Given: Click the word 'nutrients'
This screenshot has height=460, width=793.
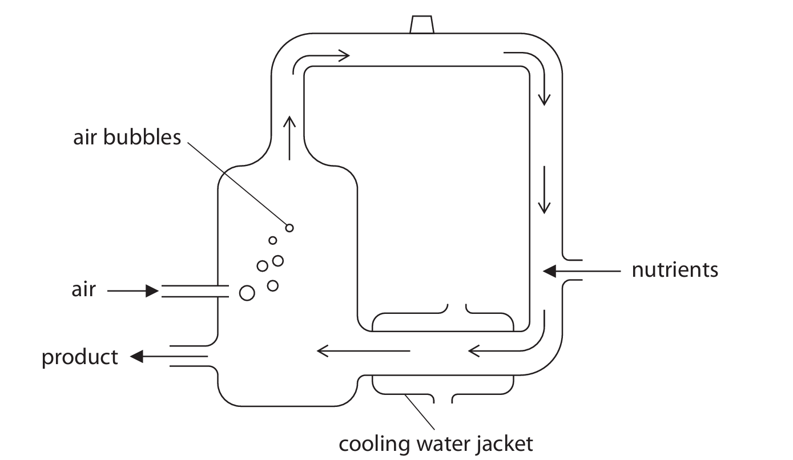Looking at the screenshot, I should coord(674,270).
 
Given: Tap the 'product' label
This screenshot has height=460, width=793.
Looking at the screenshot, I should coord(79,358).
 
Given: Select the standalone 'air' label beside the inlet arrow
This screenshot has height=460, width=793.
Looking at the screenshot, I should coord(83,290).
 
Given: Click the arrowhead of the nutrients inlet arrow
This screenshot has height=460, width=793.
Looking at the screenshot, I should coord(549,271).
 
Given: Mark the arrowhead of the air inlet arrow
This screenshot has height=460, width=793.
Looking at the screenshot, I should coord(152,292).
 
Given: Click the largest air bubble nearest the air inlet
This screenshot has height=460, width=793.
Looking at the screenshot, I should coord(247,293).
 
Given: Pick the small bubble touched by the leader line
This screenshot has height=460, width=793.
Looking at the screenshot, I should coord(289,228).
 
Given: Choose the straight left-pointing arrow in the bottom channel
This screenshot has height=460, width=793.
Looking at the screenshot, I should coord(363,350).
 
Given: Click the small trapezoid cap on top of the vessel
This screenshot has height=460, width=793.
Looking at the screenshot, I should coord(422,25).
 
